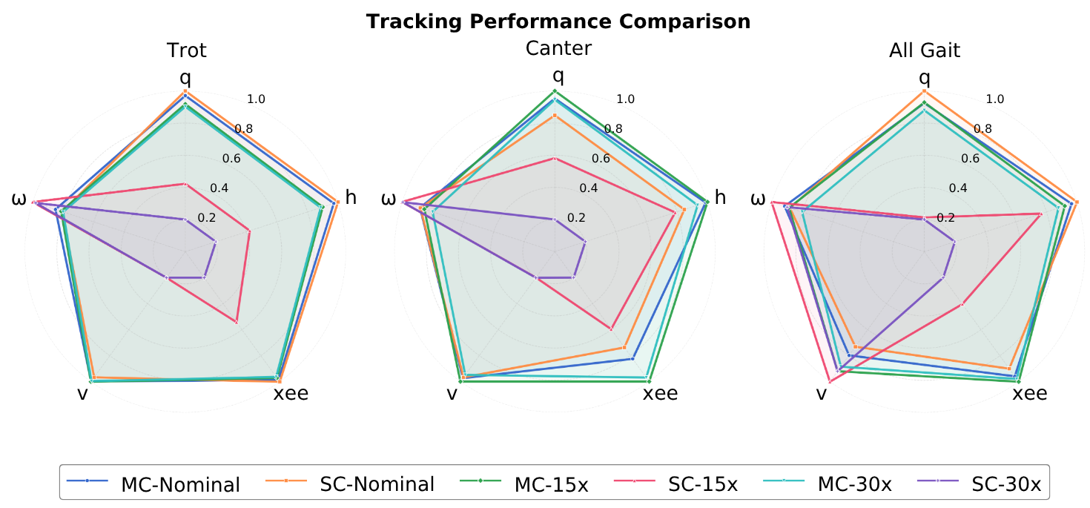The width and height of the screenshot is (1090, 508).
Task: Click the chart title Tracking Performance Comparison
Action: click(558, 22)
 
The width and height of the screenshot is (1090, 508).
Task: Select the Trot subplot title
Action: click(186, 50)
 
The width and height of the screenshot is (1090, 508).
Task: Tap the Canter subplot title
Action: click(558, 48)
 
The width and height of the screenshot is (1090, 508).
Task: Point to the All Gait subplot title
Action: click(925, 50)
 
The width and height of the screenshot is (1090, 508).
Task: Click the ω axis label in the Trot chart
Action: click(19, 199)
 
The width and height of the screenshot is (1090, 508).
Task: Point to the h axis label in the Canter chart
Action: click(720, 197)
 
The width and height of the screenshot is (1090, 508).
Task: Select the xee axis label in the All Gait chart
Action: click(1030, 393)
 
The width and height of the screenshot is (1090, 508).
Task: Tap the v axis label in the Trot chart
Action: click(82, 393)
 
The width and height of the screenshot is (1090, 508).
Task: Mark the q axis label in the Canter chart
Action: click(558, 75)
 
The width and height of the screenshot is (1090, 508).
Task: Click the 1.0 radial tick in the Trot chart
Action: click(257, 99)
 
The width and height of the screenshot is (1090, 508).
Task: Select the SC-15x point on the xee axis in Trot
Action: click(236, 322)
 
